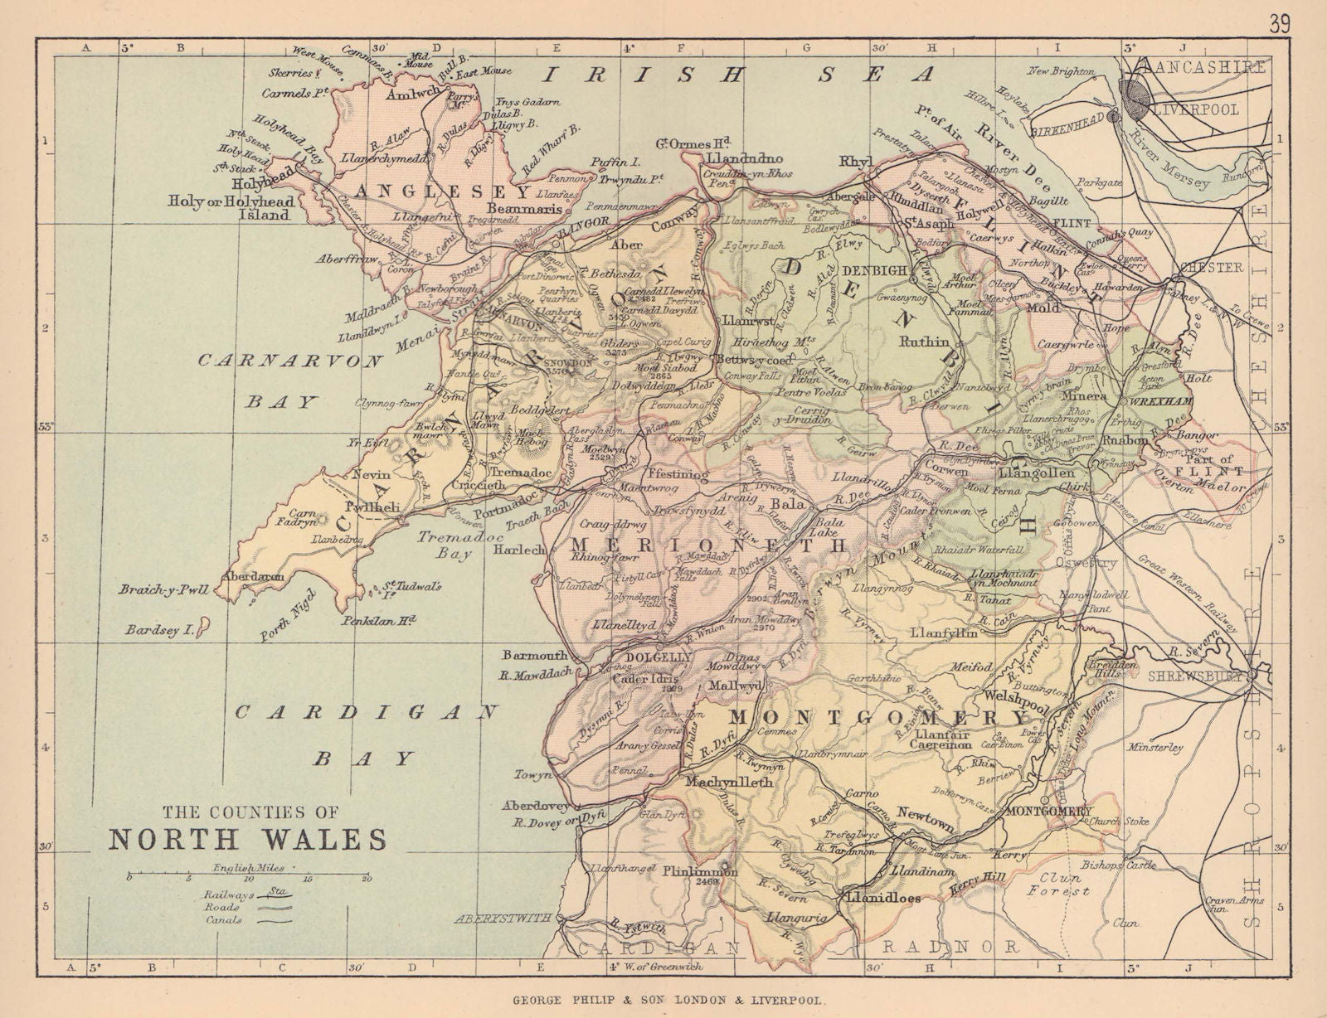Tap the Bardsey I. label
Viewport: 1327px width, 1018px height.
[x=160, y=631]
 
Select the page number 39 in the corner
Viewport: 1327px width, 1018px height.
[x=1279, y=24]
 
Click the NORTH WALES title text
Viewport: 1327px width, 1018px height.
[x=248, y=839]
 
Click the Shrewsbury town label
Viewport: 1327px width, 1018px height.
[x=1194, y=676]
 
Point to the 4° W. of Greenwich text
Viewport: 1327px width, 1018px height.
[x=655, y=967]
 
